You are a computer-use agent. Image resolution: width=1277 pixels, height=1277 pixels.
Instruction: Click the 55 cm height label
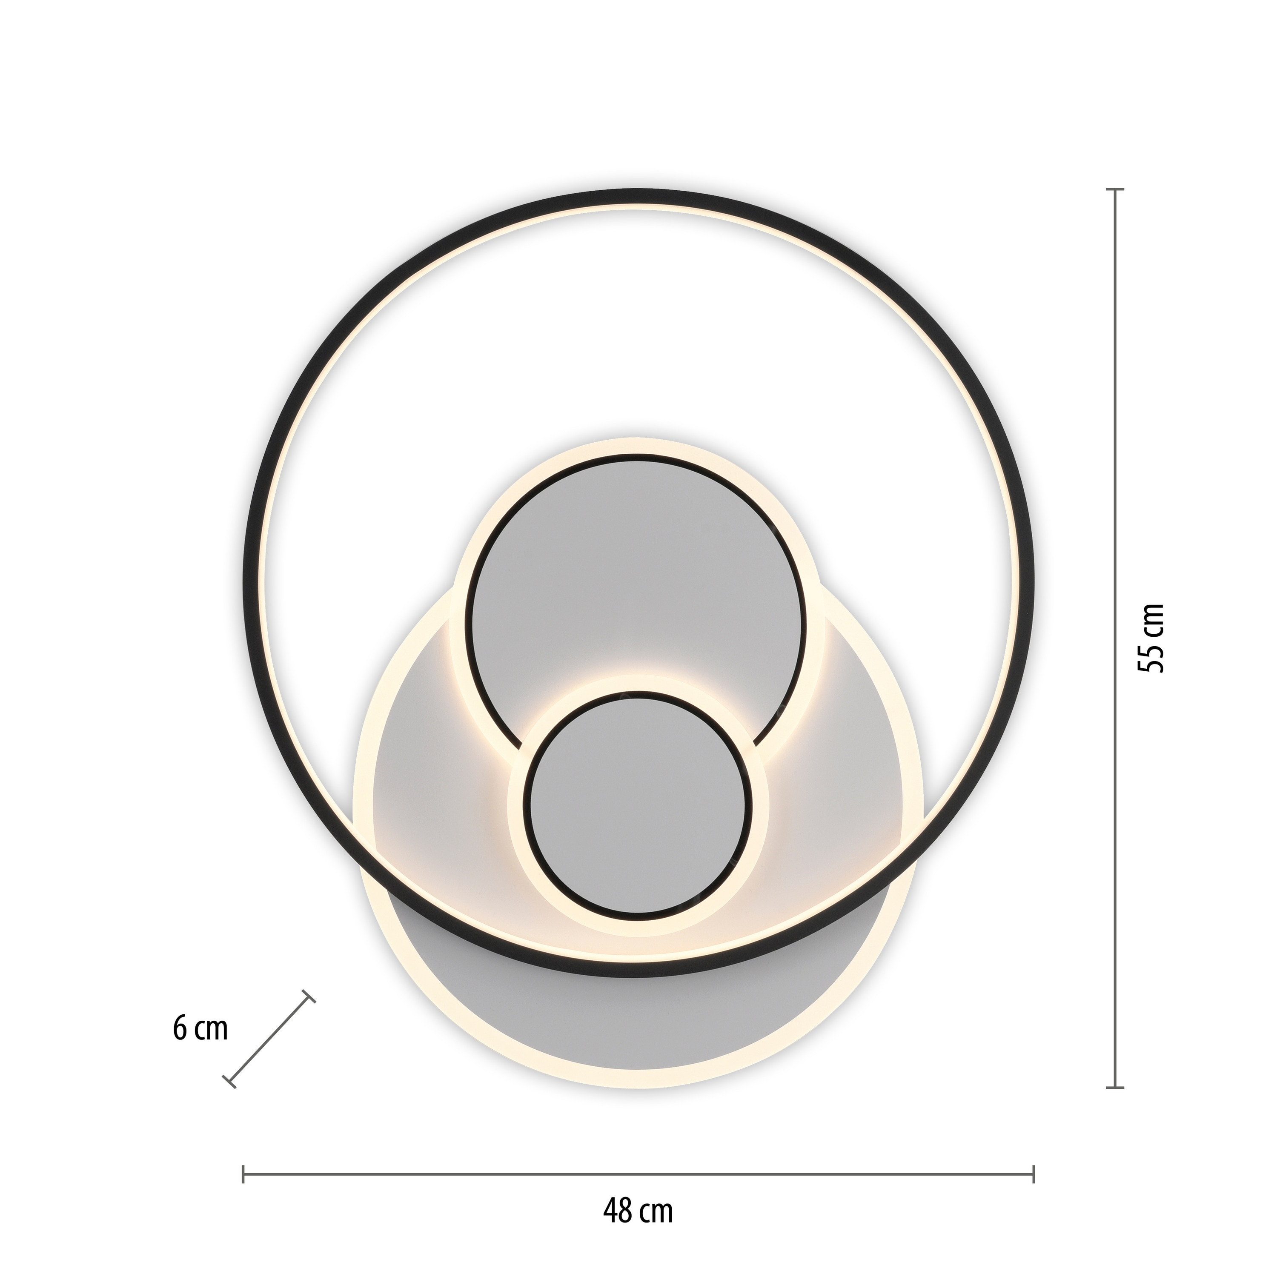coord(1150,638)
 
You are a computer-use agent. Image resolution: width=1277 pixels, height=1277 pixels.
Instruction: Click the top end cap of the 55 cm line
coord(1116,190)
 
